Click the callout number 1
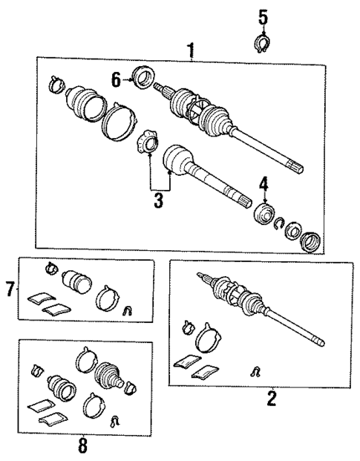click(x=191, y=51)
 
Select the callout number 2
click(x=271, y=400)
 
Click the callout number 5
click(x=263, y=15)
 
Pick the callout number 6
click(x=116, y=77)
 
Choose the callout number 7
click(x=10, y=289)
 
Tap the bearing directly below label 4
click(x=264, y=214)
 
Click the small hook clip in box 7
click(x=127, y=310)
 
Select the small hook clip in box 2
click(x=255, y=370)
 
